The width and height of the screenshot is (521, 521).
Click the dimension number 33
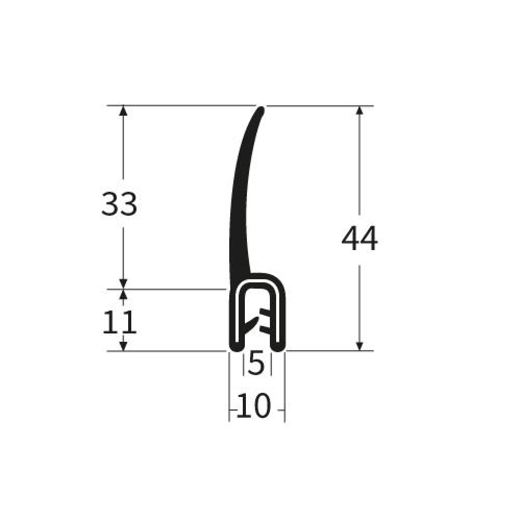pyautogui.click(x=119, y=204)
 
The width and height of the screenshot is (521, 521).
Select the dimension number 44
pyautogui.click(x=359, y=238)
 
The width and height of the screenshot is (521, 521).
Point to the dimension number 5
pyautogui.click(x=256, y=364)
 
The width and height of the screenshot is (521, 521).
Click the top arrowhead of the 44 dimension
pyautogui.click(x=359, y=110)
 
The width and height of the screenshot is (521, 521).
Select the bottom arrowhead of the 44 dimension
pyautogui.click(x=359, y=346)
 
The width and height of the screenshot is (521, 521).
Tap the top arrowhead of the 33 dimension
pyautogui.click(x=123, y=110)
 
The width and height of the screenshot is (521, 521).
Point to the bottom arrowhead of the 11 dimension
pyautogui.click(x=123, y=346)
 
